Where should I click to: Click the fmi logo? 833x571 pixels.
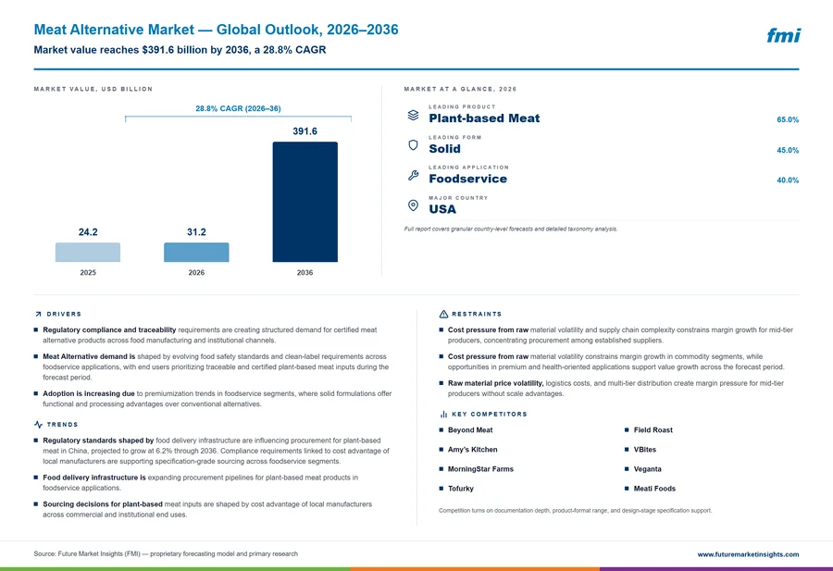pos(783,35)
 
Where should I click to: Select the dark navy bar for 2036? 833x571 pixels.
pos(305,202)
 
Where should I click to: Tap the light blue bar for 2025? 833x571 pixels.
pos(88,253)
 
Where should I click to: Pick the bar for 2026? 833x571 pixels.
pos(196,253)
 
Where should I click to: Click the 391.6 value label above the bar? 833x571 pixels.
pos(305,131)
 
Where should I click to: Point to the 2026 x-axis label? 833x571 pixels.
pos(196,272)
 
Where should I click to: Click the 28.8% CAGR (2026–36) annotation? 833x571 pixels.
pos(238,108)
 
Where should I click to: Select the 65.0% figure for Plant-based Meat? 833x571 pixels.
pos(788,120)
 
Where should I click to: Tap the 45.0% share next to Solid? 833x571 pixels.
pos(788,150)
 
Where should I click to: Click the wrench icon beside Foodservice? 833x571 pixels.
pos(414,175)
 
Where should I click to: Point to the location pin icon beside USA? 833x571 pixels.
pos(413,205)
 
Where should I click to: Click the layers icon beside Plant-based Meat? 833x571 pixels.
pos(413,115)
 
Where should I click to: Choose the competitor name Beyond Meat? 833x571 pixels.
pos(470,430)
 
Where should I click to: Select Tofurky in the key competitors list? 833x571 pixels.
pos(461,489)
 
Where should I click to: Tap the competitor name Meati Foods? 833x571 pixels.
pos(654,489)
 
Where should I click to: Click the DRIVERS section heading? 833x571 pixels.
pos(64,314)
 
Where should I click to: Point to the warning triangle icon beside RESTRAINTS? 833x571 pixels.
pos(443,314)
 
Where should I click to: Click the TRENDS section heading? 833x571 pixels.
pos(62,425)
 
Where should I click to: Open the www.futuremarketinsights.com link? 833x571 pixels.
pos(748,554)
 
